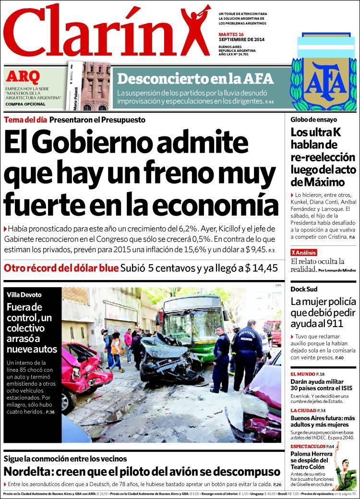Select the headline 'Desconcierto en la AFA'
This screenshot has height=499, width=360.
(195, 79)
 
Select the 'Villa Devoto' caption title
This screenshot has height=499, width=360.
(24, 294)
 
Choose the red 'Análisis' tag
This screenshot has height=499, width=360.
(305, 252)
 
